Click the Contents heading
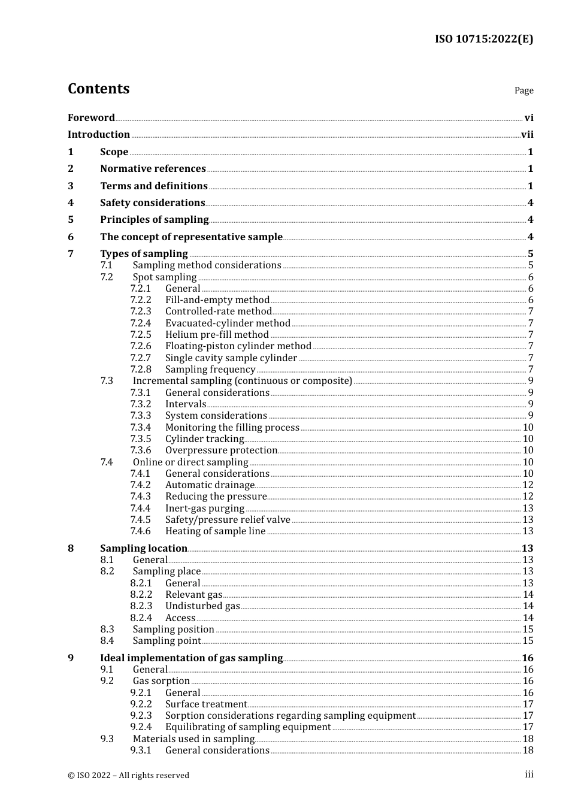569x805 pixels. [x=98, y=89]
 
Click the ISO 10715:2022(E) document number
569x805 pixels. [x=483, y=39]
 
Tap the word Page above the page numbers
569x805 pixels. [x=523, y=90]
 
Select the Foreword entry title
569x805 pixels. [x=91, y=117]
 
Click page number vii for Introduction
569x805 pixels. [x=527, y=135]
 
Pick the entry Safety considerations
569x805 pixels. [x=152, y=202]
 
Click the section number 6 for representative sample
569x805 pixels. [x=71, y=237]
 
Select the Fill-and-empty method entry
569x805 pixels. [x=217, y=300]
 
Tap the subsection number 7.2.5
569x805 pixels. [x=141, y=335]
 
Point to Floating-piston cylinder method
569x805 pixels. [x=238, y=346]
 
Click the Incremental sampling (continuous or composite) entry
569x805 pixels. [x=242, y=381]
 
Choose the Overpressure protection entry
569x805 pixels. [x=221, y=450]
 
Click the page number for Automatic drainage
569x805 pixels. [x=528, y=485]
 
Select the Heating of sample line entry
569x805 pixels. [x=215, y=531]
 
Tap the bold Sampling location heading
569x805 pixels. [x=143, y=548]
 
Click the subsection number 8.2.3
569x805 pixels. [x=141, y=606]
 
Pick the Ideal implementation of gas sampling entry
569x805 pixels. [x=191, y=658]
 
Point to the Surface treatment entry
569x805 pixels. [x=206, y=704]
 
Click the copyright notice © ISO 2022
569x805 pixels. [x=128, y=775]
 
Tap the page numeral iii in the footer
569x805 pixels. [x=529, y=774]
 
